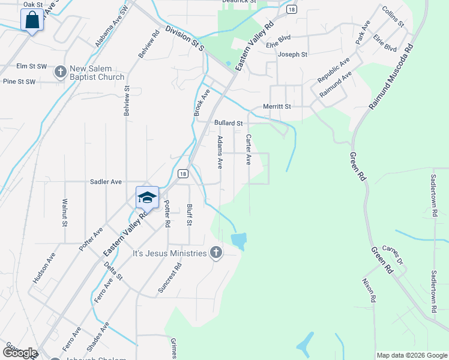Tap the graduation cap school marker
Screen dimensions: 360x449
coord(147,197)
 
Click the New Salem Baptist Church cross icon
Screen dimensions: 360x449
coord(60,72)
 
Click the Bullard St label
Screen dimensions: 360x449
coord(228,123)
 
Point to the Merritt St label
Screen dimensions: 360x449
coord(277,106)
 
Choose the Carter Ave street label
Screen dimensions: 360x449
coord(248,150)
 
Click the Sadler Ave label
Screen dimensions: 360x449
coord(106,181)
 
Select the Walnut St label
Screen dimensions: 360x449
coord(64,212)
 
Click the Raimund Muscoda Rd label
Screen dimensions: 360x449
coord(391,75)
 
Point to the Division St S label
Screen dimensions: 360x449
coord(185,37)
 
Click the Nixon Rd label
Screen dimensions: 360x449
coord(369,290)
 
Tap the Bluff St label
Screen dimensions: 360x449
coord(189,214)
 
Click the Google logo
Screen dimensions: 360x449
coord(20,353)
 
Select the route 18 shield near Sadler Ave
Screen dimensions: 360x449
coord(183,173)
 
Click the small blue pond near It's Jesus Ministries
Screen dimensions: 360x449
coord(238,241)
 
